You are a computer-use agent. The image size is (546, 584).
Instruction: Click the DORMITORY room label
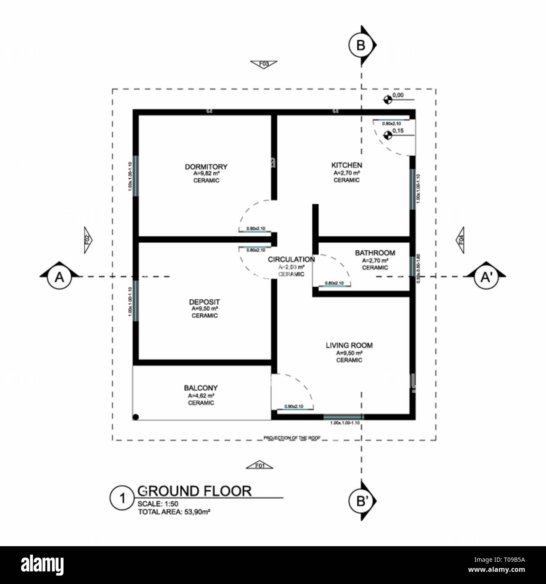pyautogui.click(x=206, y=167)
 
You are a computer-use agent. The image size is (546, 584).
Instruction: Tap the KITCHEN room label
pyautogui.click(x=347, y=166)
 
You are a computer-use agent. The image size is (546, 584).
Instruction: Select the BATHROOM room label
pyautogui.click(x=375, y=253)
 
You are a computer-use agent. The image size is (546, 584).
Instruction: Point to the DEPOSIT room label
pyautogui.click(x=204, y=302)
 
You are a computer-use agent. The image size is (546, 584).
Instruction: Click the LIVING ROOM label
pyautogui.click(x=349, y=345)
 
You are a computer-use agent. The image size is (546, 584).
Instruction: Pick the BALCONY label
pyautogui.click(x=201, y=388)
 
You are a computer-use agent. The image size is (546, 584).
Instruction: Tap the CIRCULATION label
pyautogui.click(x=291, y=260)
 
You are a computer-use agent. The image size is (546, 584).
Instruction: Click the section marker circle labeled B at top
pyautogui.click(x=360, y=45)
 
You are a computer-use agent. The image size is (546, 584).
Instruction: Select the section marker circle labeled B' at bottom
pyautogui.click(x=360, y=501)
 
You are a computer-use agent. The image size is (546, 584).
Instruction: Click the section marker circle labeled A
pyautogui.click(x=60, y=277)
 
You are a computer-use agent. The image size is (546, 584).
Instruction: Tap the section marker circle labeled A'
pyautogui.click(x=486, y=277)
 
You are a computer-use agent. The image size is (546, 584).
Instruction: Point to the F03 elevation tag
pyautogui.click(x=264, y=64)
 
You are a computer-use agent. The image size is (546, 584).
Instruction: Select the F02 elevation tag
pyautogui.click(x=87, y=240)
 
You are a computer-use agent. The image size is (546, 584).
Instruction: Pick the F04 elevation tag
pyautogui.click(x=461, y=240)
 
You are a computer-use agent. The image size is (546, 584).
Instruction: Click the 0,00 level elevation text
pyautogui.click(x=398, y=95)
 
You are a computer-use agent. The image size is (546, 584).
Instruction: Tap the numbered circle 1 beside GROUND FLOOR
pyautogui.click(x=122, y=499)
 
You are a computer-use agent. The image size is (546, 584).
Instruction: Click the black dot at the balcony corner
pyautogui.click(x=136, y=417)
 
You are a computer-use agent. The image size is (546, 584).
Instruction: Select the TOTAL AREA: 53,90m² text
pyautogui.click(x=174, y=512)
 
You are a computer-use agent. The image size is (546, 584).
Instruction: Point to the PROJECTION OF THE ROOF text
pyautogui.click(x=292, y=438)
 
